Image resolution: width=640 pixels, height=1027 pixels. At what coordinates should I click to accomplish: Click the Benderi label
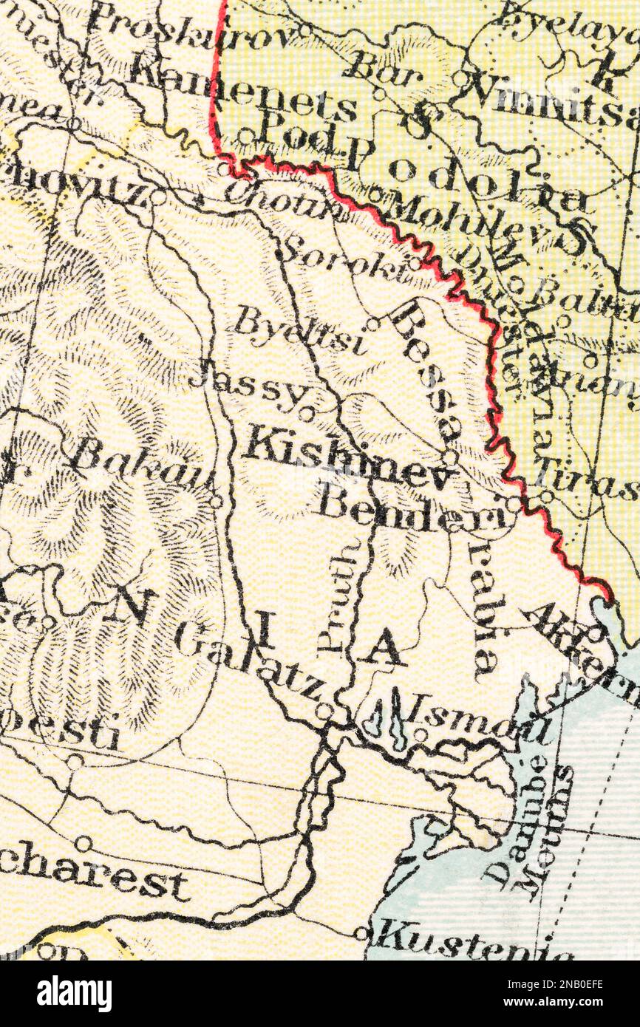414,510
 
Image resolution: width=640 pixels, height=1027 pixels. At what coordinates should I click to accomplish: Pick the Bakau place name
137,462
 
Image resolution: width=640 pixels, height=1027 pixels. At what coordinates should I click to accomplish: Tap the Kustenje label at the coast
473,942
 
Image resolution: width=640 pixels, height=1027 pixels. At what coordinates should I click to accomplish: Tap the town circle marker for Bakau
216,502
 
